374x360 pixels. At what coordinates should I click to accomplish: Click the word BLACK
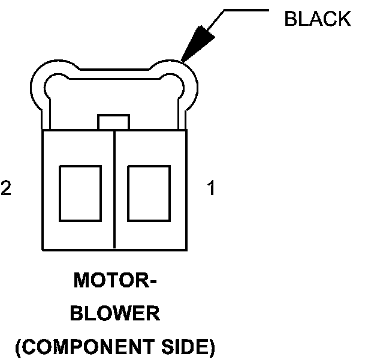317,19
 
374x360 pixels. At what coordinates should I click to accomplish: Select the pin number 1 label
211,189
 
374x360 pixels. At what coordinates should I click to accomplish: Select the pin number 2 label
6,189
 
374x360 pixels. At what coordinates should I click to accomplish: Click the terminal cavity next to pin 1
149,193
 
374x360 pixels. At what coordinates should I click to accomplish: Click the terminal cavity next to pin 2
80,193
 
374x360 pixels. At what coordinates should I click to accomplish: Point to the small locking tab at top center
113,122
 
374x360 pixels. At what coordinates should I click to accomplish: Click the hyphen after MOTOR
153,282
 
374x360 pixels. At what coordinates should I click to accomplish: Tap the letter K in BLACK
345,19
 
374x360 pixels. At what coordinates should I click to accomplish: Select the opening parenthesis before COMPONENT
19,347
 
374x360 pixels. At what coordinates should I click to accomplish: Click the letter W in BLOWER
122,314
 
